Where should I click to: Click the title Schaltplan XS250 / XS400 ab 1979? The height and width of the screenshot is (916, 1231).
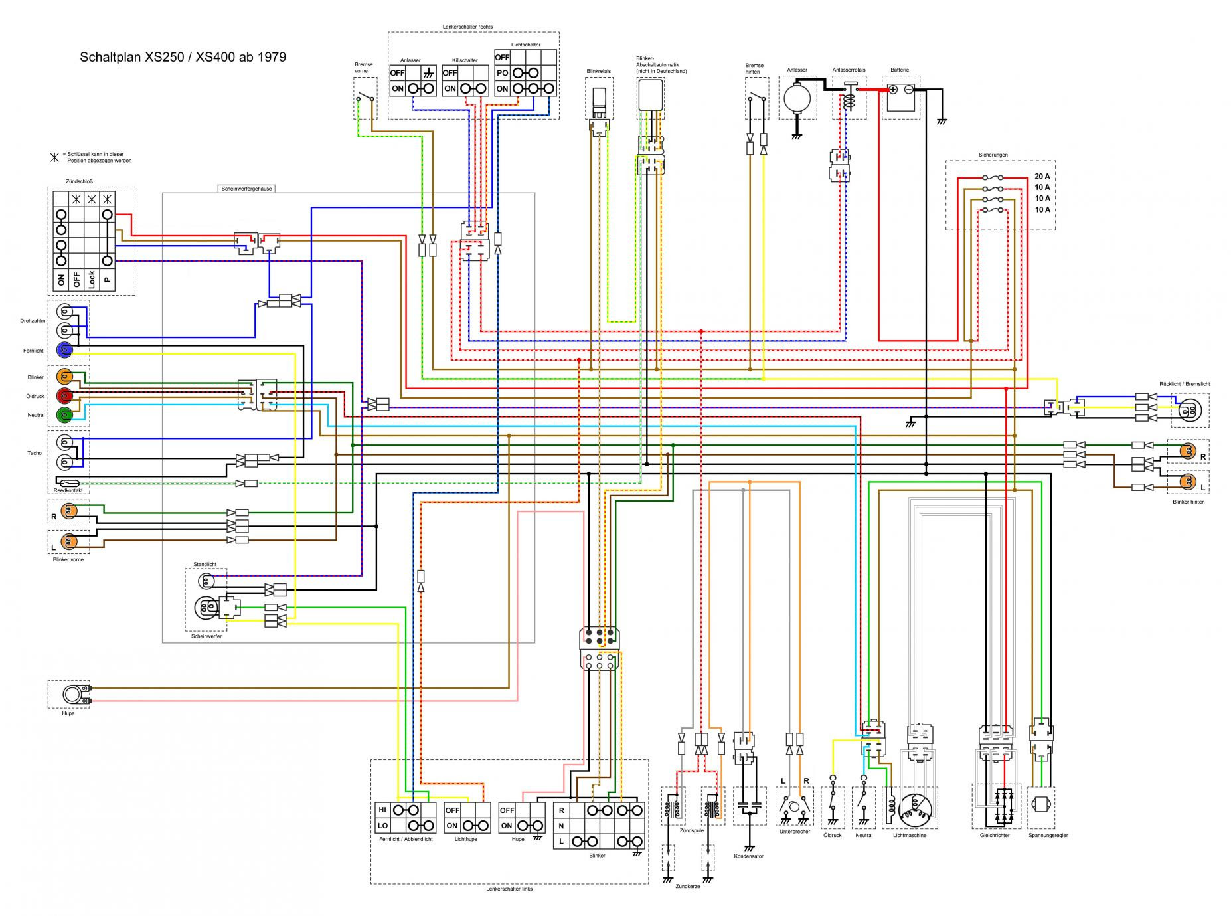coord(183,57)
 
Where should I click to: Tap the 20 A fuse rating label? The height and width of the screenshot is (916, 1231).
coord(1042,177)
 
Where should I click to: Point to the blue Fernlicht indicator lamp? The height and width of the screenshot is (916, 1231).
coord(65,349)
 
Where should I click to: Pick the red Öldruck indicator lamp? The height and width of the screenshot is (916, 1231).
coord(65,397)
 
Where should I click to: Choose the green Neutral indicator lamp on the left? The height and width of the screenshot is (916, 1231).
coord(65,416)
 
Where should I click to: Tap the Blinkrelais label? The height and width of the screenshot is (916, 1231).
coord(598,70)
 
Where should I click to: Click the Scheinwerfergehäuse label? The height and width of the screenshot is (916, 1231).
coord(246,189)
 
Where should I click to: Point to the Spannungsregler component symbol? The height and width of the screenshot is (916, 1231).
coord(1040,804)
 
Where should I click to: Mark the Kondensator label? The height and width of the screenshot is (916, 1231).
coord(749,856)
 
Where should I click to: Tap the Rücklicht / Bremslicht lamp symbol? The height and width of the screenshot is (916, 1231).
coord(1189,410)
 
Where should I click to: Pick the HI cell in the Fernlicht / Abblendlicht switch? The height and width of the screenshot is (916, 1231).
coord(382,810)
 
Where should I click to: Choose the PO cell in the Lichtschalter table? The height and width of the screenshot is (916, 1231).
coord(502,73)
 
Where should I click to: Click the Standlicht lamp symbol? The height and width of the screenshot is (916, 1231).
coord(206,581)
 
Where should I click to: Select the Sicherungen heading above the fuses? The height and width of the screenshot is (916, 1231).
coord(993,155)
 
